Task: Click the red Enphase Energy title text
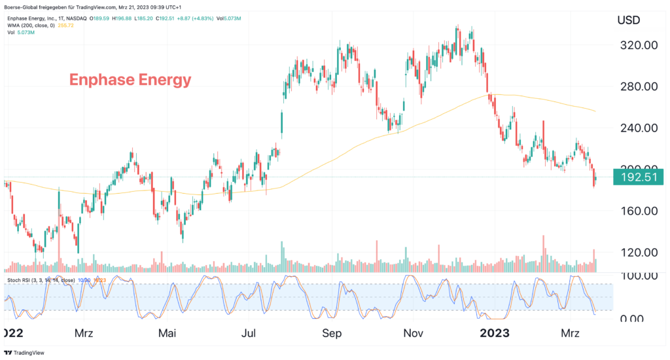(x=130, y=80)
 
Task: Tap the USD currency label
(x=631, y=20)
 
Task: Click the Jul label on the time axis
(x=249, y=333)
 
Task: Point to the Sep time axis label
(x=332, y=333)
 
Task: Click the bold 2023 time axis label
(x=496, y=333)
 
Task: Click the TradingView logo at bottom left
(x=22, y=350)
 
